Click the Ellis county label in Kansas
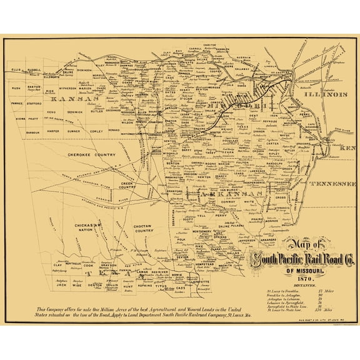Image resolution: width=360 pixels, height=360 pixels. tap(16, 71)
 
